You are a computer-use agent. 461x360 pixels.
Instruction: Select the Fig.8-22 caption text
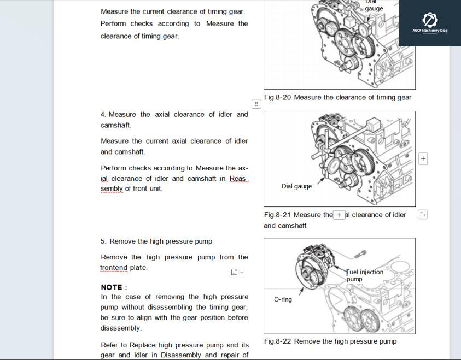tap(330, 341)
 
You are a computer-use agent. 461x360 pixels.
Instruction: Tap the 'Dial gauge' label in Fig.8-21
tap(296, 186)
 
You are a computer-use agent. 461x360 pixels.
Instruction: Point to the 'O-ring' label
tap(283, 299)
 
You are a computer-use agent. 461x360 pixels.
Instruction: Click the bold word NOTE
tap(114, 287)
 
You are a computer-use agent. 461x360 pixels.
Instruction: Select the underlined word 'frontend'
tap(114, 268)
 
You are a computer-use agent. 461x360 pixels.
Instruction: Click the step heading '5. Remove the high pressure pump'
tap(156, 241)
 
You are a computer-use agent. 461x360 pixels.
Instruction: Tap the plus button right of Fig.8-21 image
tap(423, 159)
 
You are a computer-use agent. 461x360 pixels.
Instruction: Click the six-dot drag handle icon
tap(256, 104)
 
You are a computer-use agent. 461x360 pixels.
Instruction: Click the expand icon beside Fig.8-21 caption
tap(422, 215)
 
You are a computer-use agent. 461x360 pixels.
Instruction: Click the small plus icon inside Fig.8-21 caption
tap(339, 215)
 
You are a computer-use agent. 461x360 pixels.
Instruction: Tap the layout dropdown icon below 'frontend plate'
tap(236, 272)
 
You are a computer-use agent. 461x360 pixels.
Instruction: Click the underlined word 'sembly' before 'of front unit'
tap(112, 189)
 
